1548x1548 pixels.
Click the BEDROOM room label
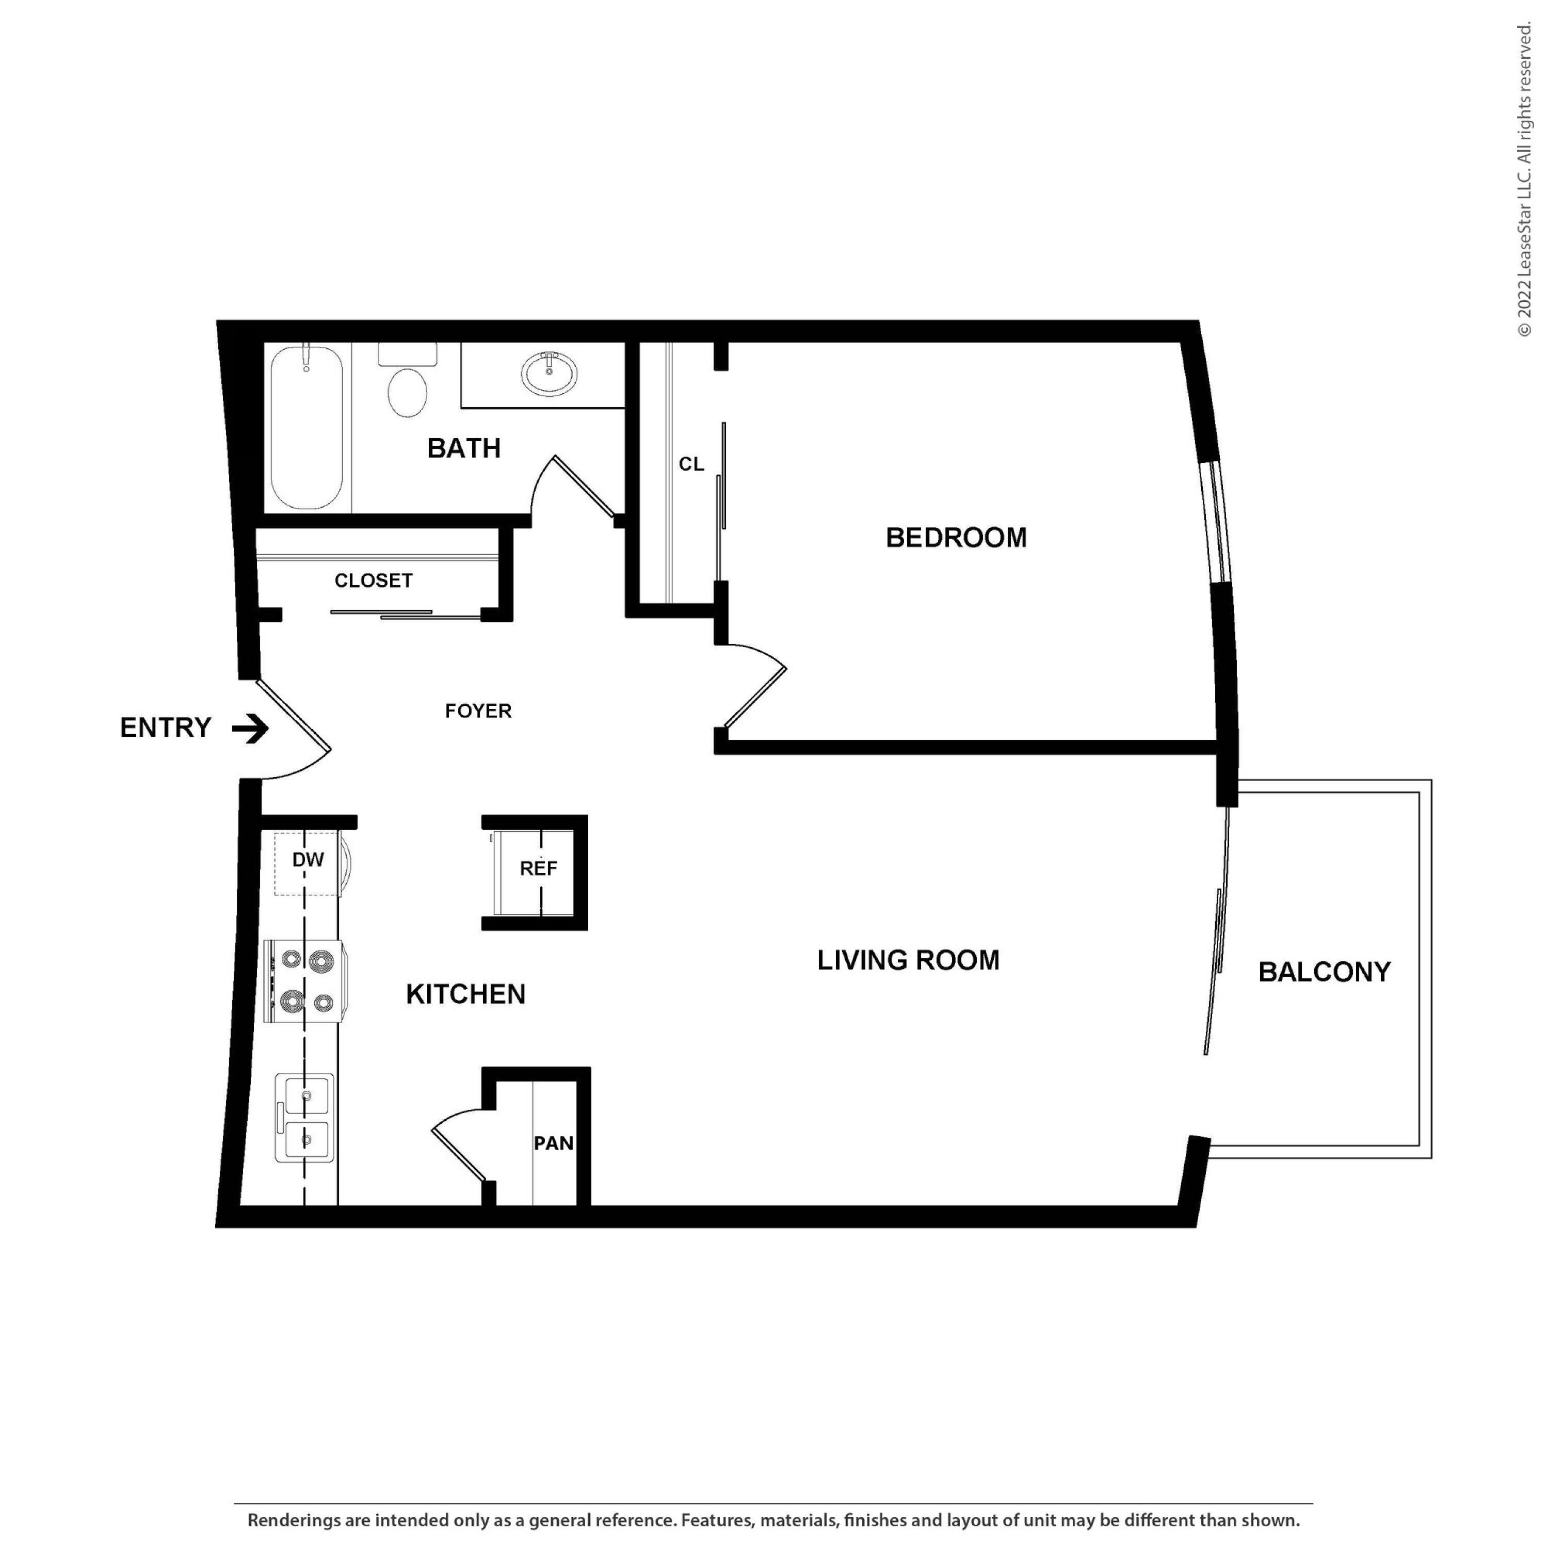[x=956, y=538]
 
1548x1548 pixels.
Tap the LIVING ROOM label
[x=908, y=960]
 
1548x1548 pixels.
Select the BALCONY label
[x=1325, y=972]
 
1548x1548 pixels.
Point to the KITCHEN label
[x=465, y=994]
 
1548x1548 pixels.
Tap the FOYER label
[x=478, y=711]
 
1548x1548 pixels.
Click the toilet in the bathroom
[x=408, y=381]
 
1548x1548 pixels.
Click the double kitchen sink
[x=304, y=1118]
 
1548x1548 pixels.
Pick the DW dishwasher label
[x=308, y=860]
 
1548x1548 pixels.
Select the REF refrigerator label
[x=538, y=868]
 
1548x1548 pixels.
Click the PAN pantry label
[x=554, y=1143]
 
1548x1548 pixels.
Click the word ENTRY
[x=166, y=728]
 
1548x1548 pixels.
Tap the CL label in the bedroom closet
[x=691, y=464]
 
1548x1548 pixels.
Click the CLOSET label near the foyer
[x=374, y=580]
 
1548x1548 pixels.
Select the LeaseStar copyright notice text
[x=1523, y=180]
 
